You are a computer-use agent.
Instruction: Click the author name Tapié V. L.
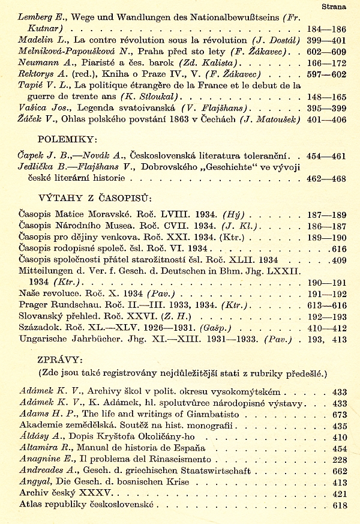pyautogui.click(x=42, y=85)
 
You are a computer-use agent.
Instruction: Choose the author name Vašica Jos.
pyautogui.click(x=42, y=107)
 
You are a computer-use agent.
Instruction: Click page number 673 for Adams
pyautogui.click(x=340, y=414)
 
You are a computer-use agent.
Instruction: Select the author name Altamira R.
pyautogui.click(x=42, y=448)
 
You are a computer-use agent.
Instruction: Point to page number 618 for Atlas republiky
pyautogui.click(x=340, y=505)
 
